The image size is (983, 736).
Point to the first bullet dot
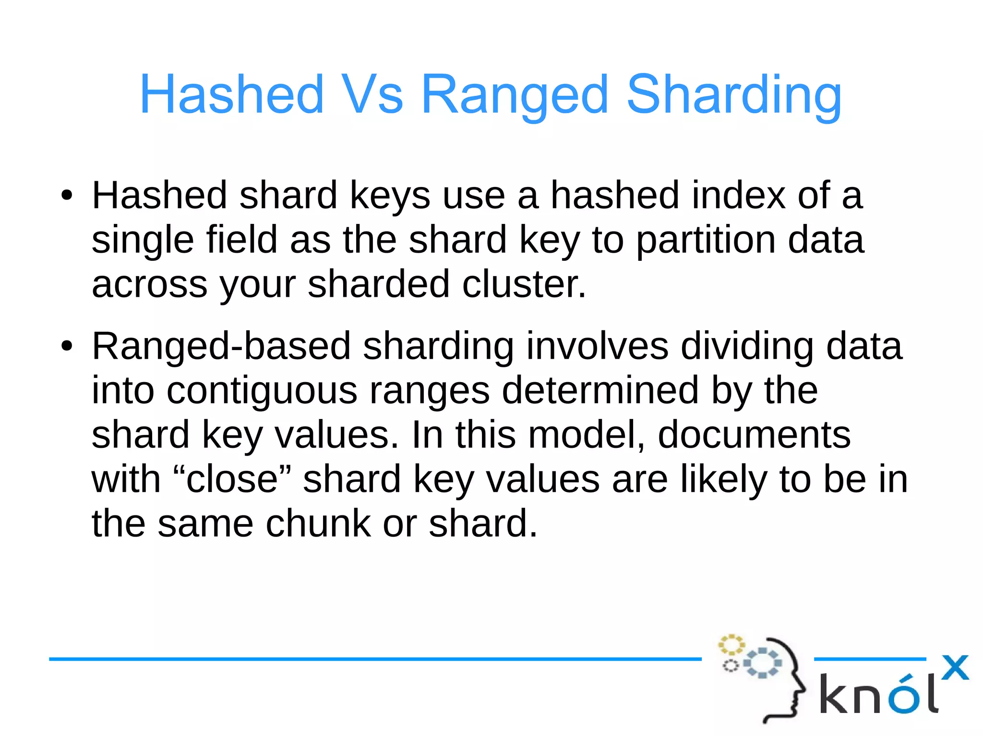click(67, 196)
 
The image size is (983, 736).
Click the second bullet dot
click(67, 346)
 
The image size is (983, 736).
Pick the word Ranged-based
click(221, 347)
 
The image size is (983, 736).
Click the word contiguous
click(262, 390)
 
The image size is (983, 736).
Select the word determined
click(600, 390)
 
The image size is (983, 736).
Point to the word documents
click(754, 434)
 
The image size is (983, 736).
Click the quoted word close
click(232, 479)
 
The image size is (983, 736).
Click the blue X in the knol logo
click(955, 667)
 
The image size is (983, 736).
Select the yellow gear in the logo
click(731, 644)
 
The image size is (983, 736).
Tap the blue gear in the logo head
click(762, 663)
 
